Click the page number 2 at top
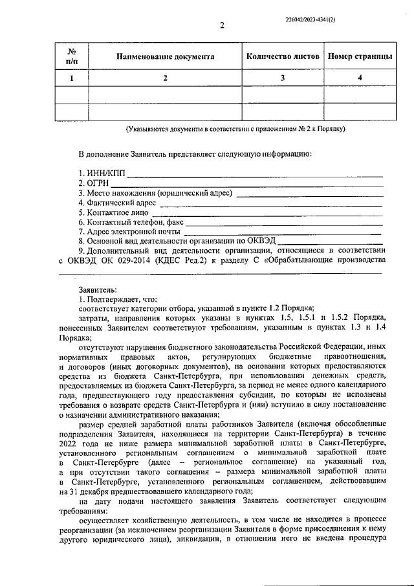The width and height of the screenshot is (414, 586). click(221, 26)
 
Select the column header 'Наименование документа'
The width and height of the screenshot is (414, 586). click(165, 56)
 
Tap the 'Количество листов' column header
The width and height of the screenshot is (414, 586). click(283, 56)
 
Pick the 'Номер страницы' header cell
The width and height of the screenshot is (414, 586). click(360, 56)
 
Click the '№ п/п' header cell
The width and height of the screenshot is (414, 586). click(72, 56)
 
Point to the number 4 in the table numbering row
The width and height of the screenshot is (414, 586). click(360, 78)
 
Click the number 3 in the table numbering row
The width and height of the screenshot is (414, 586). click(283, 78)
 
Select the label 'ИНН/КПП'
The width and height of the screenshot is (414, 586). click(105, 174)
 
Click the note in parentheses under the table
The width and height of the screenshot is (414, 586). click(235, 130)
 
